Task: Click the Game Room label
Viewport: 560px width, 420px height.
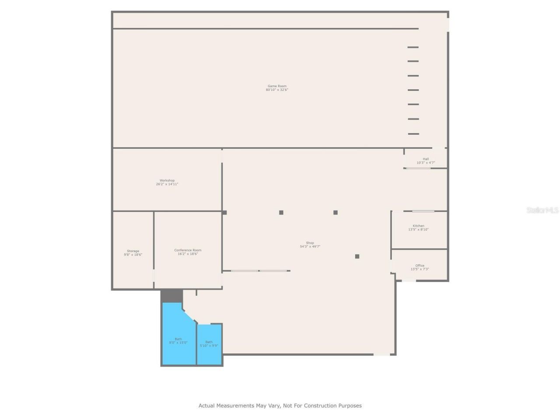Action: click(277, 86)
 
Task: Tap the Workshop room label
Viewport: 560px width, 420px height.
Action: click(167, 181)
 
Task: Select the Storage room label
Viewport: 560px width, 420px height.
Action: click(133, 251)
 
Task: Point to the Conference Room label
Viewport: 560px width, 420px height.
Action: click(188, 250)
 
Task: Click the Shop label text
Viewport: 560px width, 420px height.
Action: click(310, 243)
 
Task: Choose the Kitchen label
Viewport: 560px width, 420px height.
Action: click(418, 226)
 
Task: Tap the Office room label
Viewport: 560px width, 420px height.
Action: click(420, 266)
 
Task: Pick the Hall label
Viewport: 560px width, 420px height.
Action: click(426, 159)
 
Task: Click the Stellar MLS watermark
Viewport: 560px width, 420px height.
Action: click(542, 210)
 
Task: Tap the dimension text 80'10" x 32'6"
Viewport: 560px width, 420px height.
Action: click(277, 90)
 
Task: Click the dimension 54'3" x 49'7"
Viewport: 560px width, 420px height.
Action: click(310, 246)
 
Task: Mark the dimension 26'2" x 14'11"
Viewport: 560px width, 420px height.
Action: click(167, 184)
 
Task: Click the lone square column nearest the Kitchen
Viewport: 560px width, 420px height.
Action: click(357, 256)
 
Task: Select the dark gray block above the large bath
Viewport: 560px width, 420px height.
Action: click(171, 296)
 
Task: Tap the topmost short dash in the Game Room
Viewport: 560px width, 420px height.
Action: click(413, 47)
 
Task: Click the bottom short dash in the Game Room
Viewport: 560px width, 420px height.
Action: click(413, 134)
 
